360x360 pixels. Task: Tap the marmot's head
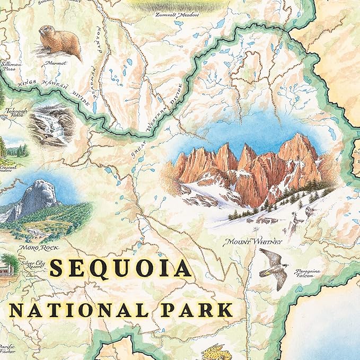click(x=45, y=31)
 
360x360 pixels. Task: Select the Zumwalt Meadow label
click(x=177, y=15)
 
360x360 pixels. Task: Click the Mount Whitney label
click(x=253, y=242)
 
